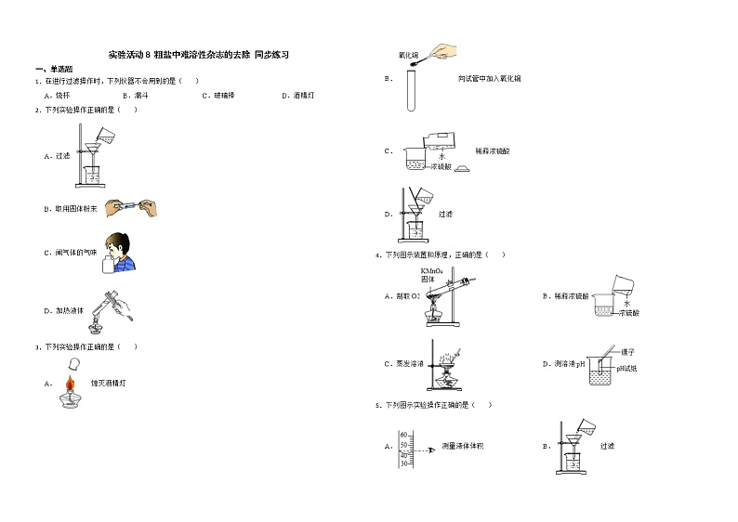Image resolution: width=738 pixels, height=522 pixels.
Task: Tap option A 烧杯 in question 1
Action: coord(59,95)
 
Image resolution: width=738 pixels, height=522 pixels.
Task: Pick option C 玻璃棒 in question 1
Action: coord(219,95)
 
